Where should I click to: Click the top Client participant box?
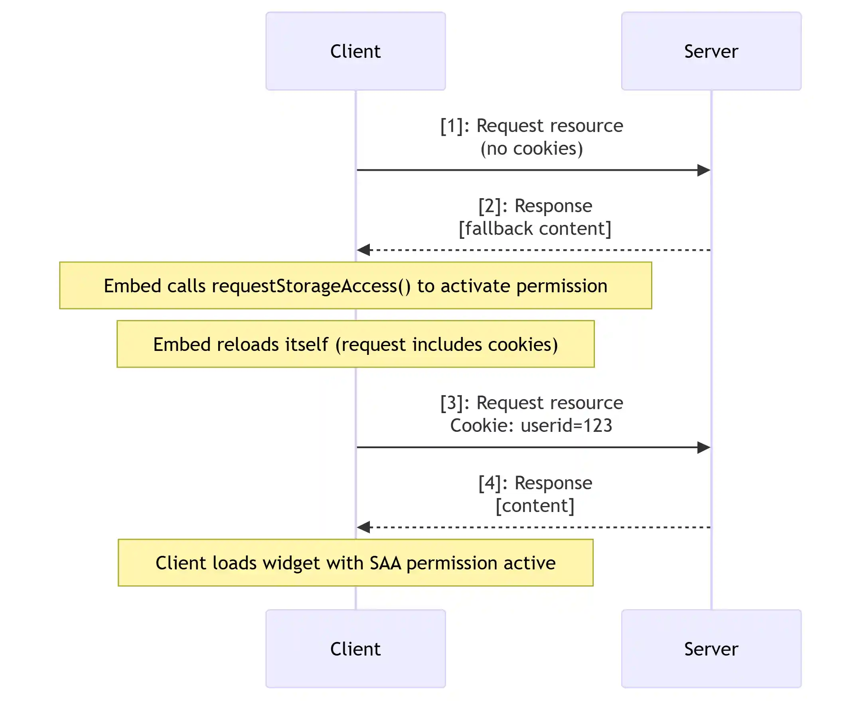click(x=355, y=51)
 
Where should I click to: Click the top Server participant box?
click(x=711, y=51)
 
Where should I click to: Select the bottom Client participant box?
click(x=355, y=648)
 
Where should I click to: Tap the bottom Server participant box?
click(x=711, y=648)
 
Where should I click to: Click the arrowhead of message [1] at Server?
click(x=704, y=170)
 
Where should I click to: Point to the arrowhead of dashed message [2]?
click(x=363, y=250)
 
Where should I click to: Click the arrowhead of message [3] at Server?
click(x=704, y=447)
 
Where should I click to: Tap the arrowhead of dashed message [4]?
click(x=363, y=527)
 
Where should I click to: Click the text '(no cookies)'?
click(x=531, y=149)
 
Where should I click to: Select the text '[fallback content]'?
click(x=535, y=228)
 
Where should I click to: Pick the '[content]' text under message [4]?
click(x=535, y=506)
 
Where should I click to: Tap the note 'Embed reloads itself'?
click(x=355, y=344)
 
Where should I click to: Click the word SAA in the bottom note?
click(x=385, y=563)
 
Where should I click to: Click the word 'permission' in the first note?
click(x=562, y=286)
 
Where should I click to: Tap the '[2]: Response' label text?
click(x=535, y=206)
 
